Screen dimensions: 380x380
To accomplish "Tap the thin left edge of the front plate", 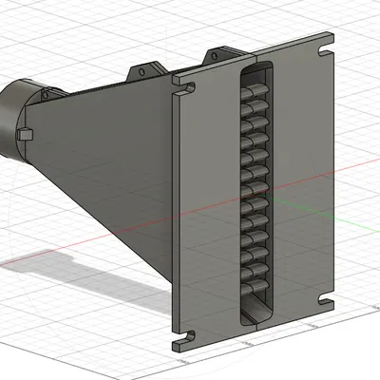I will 176,218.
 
